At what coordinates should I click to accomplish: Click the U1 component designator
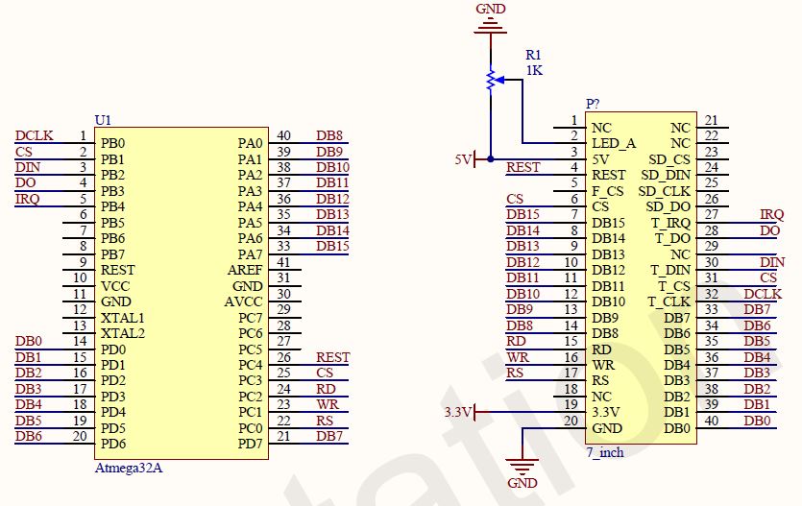103,120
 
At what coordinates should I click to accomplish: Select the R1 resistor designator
534,55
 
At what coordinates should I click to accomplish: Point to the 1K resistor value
534,70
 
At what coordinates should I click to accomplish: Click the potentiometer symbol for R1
491,81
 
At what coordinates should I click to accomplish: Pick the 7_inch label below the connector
605,452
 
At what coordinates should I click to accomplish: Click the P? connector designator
593,104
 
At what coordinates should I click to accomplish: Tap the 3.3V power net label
457,412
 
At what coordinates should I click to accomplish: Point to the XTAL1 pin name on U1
123,318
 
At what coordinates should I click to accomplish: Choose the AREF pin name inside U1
244,270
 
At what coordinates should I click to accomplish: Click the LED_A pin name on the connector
614,144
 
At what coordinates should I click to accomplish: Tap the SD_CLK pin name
664,191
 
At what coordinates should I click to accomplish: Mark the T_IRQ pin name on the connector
672,223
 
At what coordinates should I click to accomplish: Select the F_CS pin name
607,191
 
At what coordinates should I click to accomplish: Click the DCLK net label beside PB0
35,135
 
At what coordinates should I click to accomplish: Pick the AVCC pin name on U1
243,301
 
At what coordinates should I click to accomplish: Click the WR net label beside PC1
328,404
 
